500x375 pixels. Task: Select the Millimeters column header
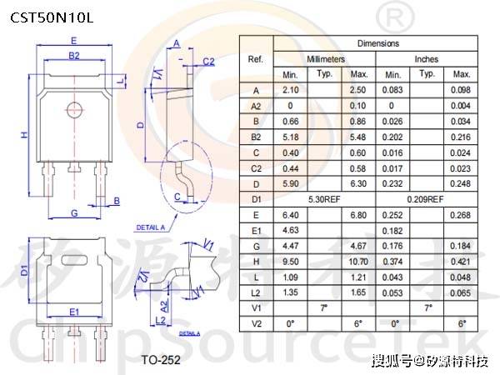pyautogui.click(x=325, y=59)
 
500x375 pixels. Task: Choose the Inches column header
pyautogui.click(x=427, y=59)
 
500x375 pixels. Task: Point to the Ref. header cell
pyautogui.click(x=256, y=59)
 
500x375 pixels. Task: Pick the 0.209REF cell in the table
pyautogui.click(x=427, y=200)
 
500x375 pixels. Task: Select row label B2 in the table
pyautogui.click(x=256, y=137)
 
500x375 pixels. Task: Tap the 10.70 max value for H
pyautogui.click(x=358, y=262)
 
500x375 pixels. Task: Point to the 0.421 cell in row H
pyautogui.click(x=462, y=262)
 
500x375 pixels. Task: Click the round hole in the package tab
pyautogui.click(x=73, y=107)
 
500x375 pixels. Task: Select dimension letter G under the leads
pyautogui.click(x=74, y=214)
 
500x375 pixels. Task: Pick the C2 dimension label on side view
pyautogui.click(x=208, y=61)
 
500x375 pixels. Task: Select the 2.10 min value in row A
pyautogui.click(x=291, y=90)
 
